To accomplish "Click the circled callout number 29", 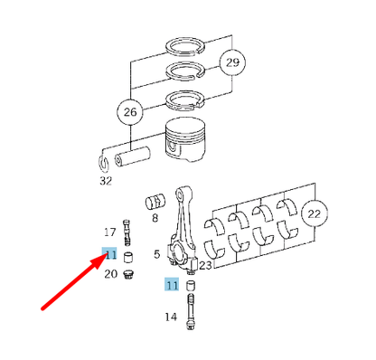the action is pyautogui.click(x=232, y=62).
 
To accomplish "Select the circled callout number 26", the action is pyautogui.click(x=130, y=112).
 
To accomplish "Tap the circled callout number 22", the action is pyautogui.click(x=315, y=213).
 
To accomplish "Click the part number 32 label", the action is pyautogui.click(x=106, y=181).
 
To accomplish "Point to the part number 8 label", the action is pyautogui.click(x=155, y=218).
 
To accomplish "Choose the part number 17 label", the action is pyautogui.click(x=110, y=232).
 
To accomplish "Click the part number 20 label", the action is pyautogui.click(x=110, y=274).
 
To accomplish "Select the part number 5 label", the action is pyautogui.click(x=156, y=254).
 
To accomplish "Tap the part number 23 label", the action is pyautogui.click(x=206, y=265).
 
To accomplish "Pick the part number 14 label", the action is pyautogui.click(x=171, y=317).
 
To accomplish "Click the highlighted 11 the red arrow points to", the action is pyautogui.click(x=109, y=254).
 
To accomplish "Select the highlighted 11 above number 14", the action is pyautogui.click(x=172, y=285).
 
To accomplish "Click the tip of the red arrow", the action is pyautogui.click(x=107, y=255).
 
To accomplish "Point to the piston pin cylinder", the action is pyautogui.click(x=132, y=156).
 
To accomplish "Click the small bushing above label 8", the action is pyautogui.click(x=155, y=202).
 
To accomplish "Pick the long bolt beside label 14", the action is pyautogui.click(x=191, y=311).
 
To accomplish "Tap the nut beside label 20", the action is pyautogui.click(x=128, y=275).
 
